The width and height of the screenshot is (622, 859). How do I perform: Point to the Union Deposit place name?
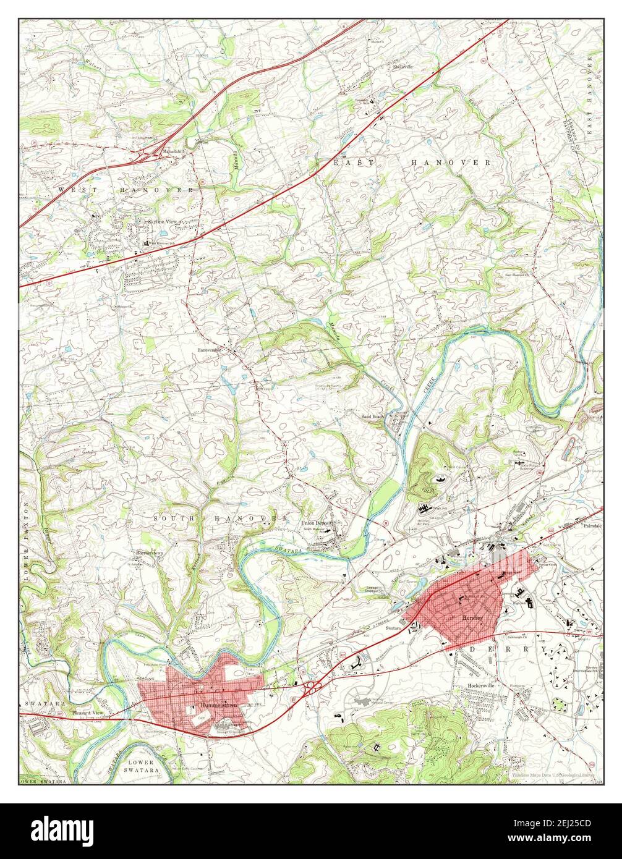(x=317, y=523)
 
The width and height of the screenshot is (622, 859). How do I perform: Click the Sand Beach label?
(x=373, y=417)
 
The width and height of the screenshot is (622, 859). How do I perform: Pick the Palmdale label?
(x=591, y=526)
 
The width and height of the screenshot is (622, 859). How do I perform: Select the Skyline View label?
(x=162, y=222)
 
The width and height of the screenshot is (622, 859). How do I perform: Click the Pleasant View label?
(x=88, y=713)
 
